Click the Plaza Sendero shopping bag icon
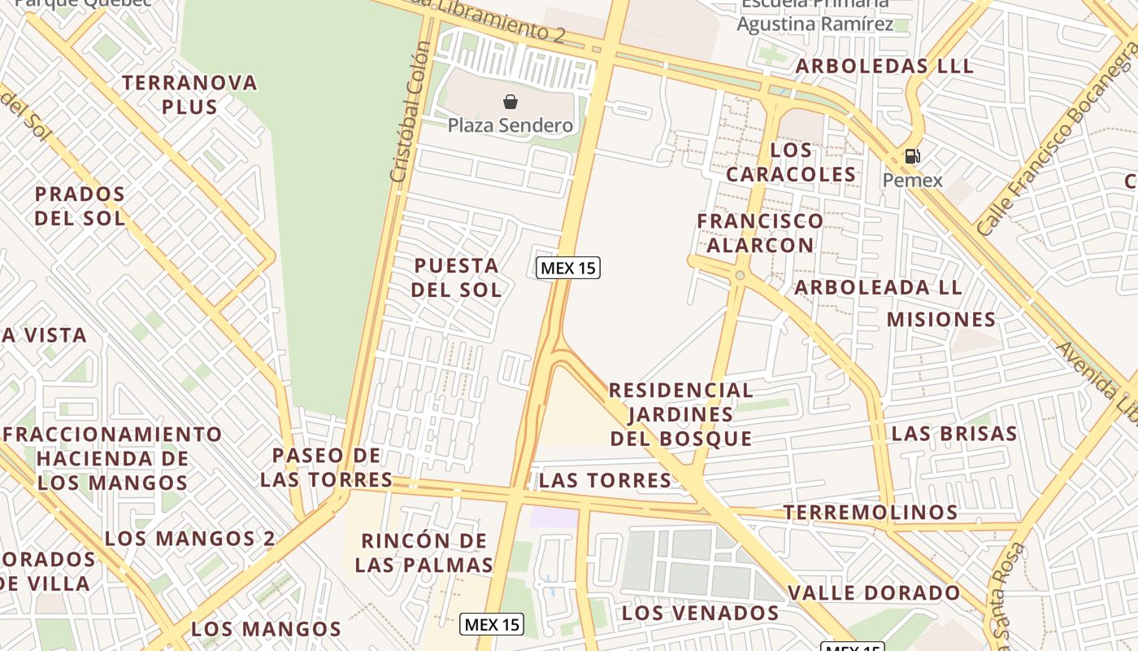(510, 102)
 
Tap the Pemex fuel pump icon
(912, 156)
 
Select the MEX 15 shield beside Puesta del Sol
(568, 268)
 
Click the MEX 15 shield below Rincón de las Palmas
(492, 625)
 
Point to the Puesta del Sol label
(456, 277)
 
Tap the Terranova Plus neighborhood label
(189, 94)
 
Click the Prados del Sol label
(80, 206)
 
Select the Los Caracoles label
(791, 162)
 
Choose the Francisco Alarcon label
(760, 233)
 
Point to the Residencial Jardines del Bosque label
(681, 414)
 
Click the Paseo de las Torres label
(326, 467)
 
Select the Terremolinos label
(870, 512)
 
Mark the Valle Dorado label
(874, 592)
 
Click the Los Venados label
(701, 612)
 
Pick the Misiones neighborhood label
(941, 319)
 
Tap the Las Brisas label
(954, 433)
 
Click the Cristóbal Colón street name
(409, 114)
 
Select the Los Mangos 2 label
(189, 538)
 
